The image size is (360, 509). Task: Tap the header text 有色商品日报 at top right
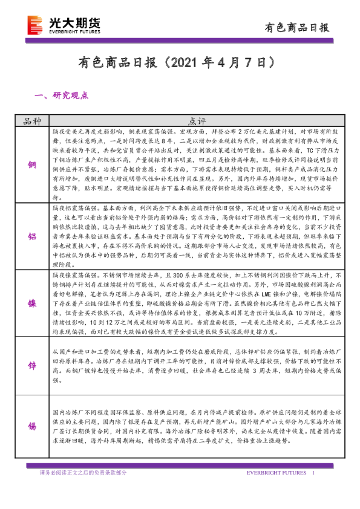click(297, 27)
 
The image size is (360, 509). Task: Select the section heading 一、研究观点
click(62, 95)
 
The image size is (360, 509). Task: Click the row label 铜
click(32, 164)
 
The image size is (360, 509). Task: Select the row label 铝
click(32, 236)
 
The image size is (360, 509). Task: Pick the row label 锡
click(32, 426)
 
